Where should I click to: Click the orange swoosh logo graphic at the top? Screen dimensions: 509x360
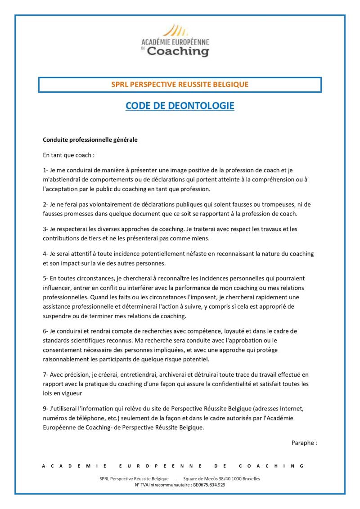pos(175,31)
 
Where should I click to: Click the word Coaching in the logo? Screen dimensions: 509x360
pos(178,51)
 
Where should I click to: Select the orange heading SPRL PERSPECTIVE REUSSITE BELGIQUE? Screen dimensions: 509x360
pos(180,84)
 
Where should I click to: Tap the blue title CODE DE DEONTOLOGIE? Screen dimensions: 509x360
pos(180,106)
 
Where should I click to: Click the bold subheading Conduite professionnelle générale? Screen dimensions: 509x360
pos(90,140)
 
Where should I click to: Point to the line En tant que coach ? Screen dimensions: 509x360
pos(69,155)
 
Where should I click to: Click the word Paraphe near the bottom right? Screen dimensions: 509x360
pos(302,443)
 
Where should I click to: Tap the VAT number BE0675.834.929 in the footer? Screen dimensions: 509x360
pos(208,485)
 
